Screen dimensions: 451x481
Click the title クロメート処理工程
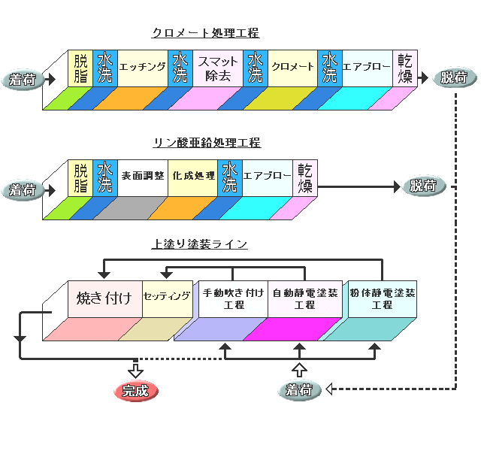coord(205,33)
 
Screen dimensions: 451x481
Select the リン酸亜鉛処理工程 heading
coord(207,143)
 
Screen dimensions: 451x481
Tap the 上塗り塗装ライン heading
coord(199,244)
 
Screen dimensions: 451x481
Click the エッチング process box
coord(142,68)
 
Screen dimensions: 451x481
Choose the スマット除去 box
coord(218,68)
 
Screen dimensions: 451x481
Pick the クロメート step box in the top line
coord(292,68)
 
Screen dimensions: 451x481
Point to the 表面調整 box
coord(142,177)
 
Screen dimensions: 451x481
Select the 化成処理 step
coord(193,177)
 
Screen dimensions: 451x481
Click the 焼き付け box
coord(104,298)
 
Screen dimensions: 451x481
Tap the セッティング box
coord(167,297)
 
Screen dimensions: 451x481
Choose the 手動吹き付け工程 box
coord(233,298)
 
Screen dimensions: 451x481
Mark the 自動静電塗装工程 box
coord(304,298)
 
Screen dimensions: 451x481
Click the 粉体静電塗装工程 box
coord(382,298)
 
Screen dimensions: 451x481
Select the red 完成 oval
coord(136,391)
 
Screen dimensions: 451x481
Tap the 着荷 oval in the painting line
coord(299,389)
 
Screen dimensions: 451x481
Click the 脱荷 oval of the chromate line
coord(452,77)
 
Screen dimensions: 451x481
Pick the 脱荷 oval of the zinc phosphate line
coord(423,186)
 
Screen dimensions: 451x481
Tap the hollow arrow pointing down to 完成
coord(135,371)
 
